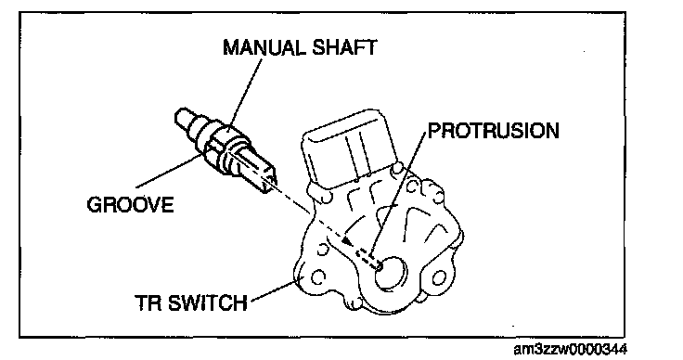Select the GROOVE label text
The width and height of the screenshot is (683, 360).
point(130,205)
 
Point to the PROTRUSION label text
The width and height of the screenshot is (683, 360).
point(494,131)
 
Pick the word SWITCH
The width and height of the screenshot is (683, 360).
point(207,303)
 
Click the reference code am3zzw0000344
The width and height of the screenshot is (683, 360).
point(571,349)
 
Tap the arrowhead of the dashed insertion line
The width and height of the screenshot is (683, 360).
point(347,240)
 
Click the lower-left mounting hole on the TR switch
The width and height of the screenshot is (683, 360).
point(318,276)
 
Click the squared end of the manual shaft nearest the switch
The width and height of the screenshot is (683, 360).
point(267,177)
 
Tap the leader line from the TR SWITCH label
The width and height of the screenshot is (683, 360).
point(273,290)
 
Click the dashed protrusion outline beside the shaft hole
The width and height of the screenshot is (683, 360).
point(368,259)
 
